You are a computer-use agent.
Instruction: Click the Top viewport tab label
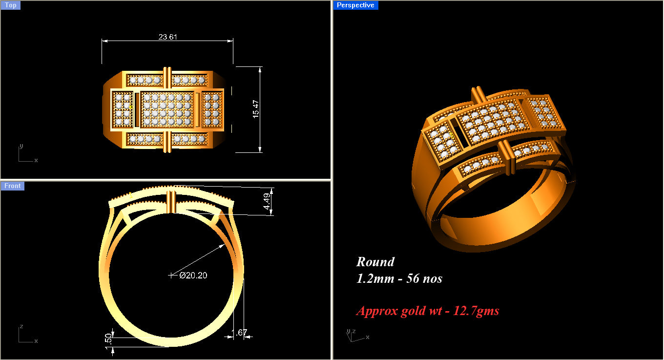pos(10,5)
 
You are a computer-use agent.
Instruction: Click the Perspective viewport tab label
pos(355,5)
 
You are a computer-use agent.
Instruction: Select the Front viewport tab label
pos(12,186)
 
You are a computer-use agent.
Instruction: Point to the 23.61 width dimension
pos(167,37)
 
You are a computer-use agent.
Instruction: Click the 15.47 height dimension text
pos(256,109)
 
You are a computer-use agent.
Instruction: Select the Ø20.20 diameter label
pos(193,275)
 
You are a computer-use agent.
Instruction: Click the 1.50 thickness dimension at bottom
pos(109,339)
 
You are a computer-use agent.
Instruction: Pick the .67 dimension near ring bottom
pos(241,333)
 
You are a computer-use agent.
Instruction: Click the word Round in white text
pos(375,262)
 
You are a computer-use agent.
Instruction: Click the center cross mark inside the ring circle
pos(171,275)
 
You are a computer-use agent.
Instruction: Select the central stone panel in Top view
pos(167,109)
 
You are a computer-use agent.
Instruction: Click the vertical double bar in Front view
pos(171,202)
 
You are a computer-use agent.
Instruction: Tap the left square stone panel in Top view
pos(122,109)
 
